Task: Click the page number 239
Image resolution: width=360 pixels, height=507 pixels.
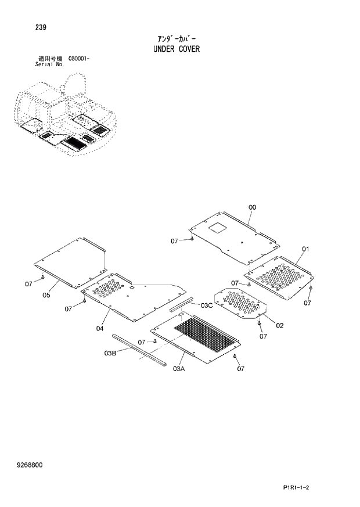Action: tap(41, 27)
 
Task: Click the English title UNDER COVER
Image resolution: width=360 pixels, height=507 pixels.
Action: tap(177, 49)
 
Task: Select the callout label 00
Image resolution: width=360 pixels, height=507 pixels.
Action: tap(252, 207)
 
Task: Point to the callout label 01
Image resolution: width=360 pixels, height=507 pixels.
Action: tap(305, 249)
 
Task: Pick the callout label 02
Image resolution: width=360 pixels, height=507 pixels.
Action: tap(280, 325)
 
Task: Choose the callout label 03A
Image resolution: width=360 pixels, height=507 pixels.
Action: tap(178, 368)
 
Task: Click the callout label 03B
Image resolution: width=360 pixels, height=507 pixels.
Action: tap(111, 353)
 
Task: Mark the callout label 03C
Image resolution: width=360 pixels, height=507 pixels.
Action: tap(207, 305)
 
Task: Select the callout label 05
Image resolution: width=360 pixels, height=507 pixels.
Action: tap(46, 295)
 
